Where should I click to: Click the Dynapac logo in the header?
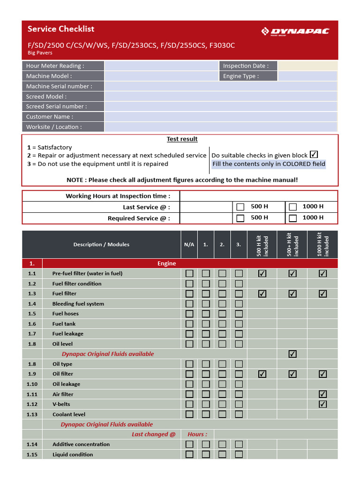click(x=295, y=31)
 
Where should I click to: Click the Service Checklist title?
click(x=61, y=29)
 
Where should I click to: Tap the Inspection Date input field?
click(x=307, y=66)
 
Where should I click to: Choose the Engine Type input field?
click(x=307, y=76)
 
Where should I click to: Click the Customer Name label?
click(x=50, y=117)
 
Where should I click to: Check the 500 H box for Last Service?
click(x=240, y=207)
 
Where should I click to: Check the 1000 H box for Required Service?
click(x=293, y=218)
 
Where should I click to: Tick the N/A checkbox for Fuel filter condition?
click(x=189, y=284)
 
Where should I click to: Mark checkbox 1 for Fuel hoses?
click(x=206, y=314)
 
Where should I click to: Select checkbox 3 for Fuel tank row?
click(x=239, y=324)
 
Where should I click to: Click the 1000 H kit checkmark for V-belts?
click(x=322, y=404)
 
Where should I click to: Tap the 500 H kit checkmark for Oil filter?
click(x=262, y=374)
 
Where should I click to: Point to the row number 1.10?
click(x=32, y=384)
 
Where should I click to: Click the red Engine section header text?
click(x=166, y=263)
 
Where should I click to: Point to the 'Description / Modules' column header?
click(x=101, y=244)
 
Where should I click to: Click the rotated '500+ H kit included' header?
click(x=292, y=244)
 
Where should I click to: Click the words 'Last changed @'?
click(x=153, y=434)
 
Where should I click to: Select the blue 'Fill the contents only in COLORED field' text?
click(x=269, y=164)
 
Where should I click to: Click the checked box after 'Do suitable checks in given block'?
click(x=314, y=154)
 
